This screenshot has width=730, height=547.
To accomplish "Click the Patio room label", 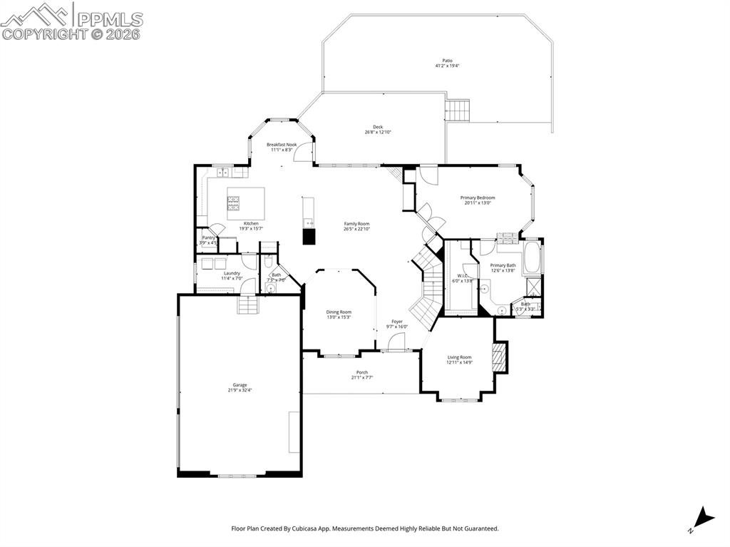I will [448, 61].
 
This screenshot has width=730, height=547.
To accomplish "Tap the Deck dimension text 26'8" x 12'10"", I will [378, 132].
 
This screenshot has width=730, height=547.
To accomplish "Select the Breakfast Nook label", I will [282, 145].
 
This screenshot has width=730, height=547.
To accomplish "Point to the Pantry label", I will [208, 237].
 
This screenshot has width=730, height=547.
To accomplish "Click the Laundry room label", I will [232, 272].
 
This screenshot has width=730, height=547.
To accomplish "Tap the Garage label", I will [240, 385].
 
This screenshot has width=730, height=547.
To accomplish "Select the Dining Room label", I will [339, 312].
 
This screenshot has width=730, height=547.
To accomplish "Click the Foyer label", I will [397, 322].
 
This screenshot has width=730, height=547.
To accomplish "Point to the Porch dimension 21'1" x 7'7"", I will [362, 377].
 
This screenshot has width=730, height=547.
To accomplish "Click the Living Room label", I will [460, 357].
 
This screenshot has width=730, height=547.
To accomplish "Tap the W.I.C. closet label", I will [462, 276].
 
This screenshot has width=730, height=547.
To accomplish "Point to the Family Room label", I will [357, 224].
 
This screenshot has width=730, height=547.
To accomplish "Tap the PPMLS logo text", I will [107, 19].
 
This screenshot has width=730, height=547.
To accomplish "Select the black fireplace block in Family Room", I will [309, 237].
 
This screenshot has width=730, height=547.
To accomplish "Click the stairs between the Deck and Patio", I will [458, 111].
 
